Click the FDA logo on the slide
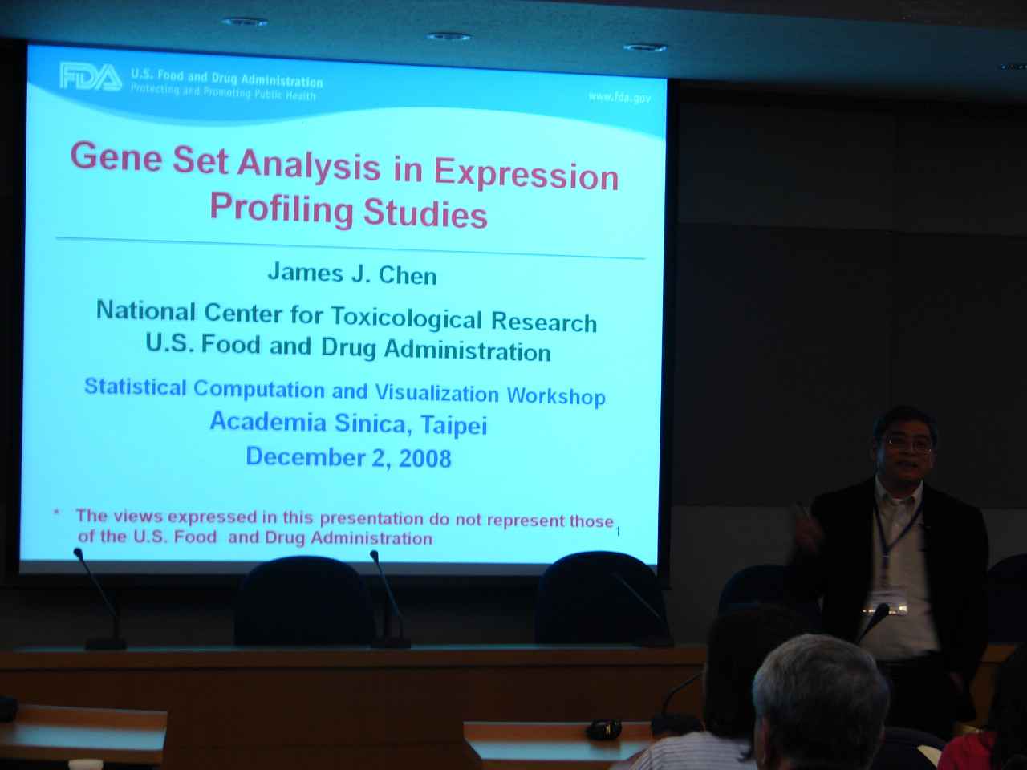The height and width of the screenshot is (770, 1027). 91,77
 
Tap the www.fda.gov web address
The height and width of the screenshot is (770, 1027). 619,97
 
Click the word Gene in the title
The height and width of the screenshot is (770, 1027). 116,157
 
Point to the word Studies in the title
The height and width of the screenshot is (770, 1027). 425,213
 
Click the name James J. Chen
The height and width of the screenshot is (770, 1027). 352,274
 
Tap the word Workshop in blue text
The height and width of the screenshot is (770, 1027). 556,396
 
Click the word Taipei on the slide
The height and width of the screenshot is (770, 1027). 453,426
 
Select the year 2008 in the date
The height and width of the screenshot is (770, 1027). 424,458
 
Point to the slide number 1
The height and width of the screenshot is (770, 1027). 618,532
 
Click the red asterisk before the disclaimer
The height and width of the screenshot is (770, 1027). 57,513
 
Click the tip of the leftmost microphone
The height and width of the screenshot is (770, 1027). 78,553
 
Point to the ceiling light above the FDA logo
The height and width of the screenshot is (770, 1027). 245,22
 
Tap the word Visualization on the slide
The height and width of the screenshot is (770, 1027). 437,393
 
